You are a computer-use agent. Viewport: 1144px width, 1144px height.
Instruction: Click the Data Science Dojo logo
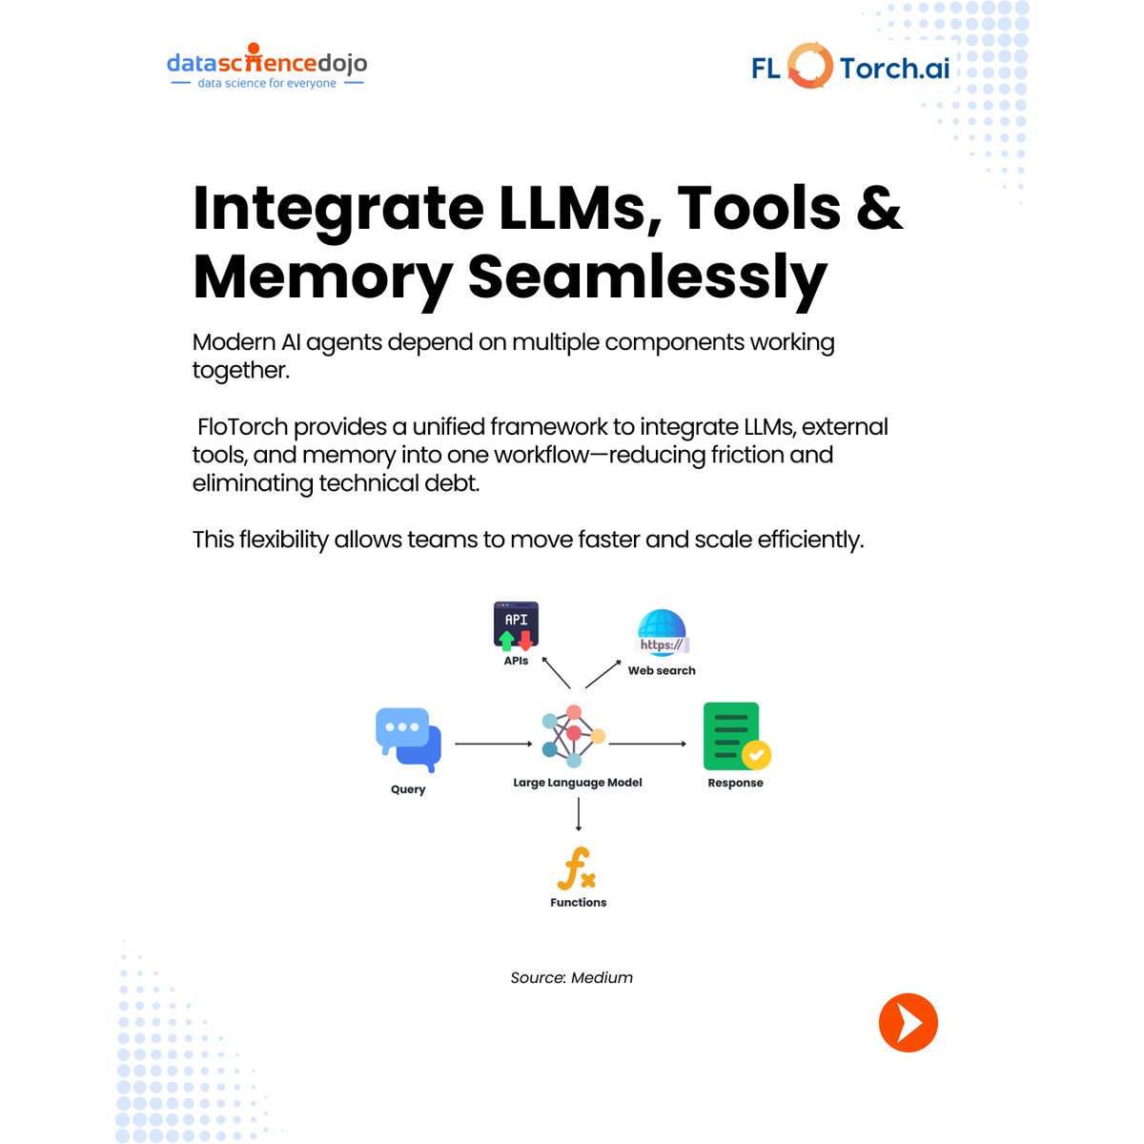tap(266, 64)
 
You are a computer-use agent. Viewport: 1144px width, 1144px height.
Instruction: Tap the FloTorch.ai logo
tap(850, 67)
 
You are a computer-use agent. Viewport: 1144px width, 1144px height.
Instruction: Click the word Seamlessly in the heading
tap(647, 277)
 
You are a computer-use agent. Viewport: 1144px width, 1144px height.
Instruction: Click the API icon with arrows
tap(516, 626)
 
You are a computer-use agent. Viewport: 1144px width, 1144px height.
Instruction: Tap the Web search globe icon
tap(662, 633)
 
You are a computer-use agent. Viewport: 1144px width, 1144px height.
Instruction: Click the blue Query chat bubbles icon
tap(409, 739)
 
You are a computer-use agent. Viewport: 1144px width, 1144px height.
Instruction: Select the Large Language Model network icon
tap(573, 736)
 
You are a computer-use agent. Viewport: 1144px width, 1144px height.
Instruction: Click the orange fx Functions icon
tap(577, 868)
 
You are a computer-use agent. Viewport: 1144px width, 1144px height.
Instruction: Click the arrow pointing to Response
tap(647, 744)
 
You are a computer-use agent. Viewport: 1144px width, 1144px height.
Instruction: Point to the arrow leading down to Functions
tap(579, 814)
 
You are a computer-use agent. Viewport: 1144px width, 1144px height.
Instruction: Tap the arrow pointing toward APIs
tap(556, 672)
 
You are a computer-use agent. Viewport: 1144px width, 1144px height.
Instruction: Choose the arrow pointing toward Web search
tap(603, 673)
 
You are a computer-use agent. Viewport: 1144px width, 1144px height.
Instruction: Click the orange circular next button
tap(908, 1023)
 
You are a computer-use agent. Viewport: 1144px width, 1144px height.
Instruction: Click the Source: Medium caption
tap(571, 978)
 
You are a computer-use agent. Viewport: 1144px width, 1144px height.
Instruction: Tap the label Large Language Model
tap(578, 783)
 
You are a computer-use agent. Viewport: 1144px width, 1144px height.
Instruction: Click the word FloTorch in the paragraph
tap(242, 426)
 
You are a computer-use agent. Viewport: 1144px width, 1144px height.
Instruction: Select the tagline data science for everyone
tap(267, 84)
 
